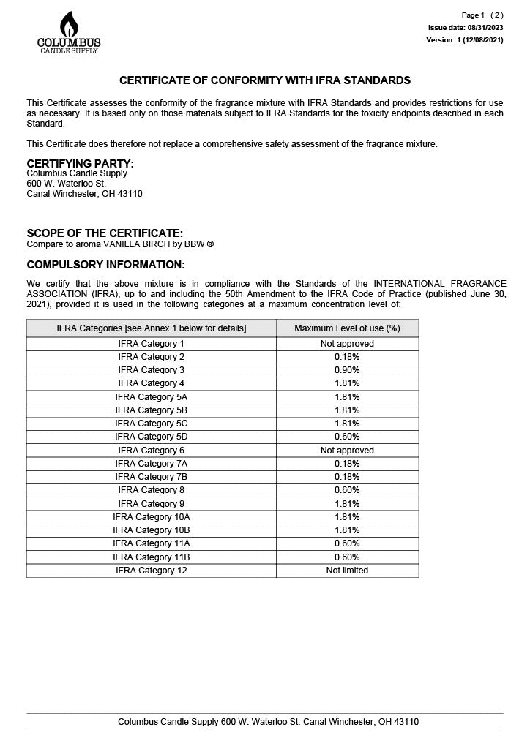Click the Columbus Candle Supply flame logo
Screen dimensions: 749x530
tap(69, 31)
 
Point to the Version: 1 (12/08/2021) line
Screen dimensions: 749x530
tap(464, 40)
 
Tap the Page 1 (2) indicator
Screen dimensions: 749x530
tap(482, 15)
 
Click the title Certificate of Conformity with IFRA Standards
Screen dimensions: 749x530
tap(265, 80)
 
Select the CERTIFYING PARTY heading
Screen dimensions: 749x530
tap(80, 163)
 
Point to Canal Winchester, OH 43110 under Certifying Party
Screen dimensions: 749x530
tap(84, 194)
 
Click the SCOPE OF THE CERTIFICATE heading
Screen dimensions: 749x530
tap(105, 233)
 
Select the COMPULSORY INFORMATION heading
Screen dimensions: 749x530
tap(105, 264)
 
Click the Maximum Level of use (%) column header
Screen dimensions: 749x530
tap(347, 328)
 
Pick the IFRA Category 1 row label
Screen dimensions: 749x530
tap(152, 344)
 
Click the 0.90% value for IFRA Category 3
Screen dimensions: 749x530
tap(347, 370)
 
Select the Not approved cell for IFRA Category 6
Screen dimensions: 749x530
tap(347, 451)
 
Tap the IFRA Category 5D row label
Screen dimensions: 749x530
tap(152, 437)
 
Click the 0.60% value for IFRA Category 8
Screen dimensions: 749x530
tap(347, 490)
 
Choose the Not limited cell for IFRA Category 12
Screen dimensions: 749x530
tap(347, 571)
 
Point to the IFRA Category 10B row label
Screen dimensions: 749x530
tap(152, 530)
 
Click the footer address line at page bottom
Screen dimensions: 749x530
tap(268, 722)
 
